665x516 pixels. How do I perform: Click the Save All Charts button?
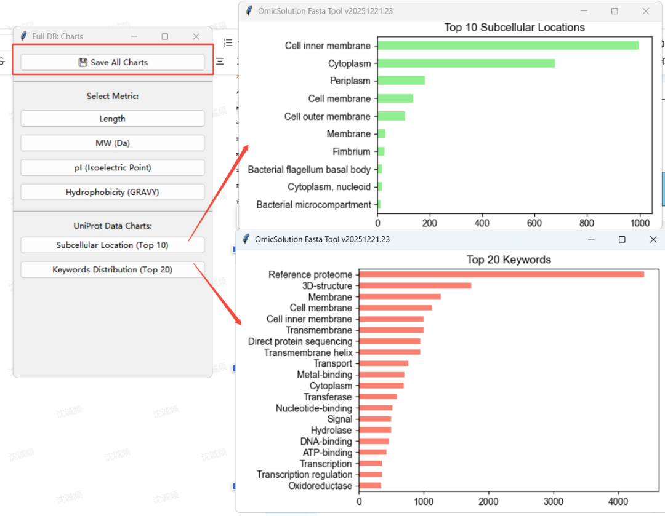(x=113, y=62)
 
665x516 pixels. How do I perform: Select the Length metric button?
(x=113, y=119)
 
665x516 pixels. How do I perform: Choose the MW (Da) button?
(x=113, y=143)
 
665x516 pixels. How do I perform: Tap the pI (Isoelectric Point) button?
(x=113, y=168)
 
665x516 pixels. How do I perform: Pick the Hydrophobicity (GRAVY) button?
(x=113, y=193)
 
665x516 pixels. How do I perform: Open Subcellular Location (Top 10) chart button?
(x=113, y=245)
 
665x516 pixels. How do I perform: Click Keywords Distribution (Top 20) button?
(x=113, y=270)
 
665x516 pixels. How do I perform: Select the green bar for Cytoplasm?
(x=466, y=63)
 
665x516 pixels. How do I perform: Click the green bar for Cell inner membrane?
(x=508, y=46)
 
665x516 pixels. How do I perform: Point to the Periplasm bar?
(x=401, y=81)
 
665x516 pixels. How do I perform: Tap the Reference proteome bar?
(x=502, y=274)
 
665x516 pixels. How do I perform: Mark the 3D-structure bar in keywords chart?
(x=415, y=285)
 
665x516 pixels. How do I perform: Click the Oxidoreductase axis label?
(x=320, y=486)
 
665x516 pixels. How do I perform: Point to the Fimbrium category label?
(x=352, y=152)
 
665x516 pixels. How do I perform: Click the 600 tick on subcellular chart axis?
(x=534, y=223)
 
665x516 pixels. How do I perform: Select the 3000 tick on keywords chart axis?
(x=554, y=502)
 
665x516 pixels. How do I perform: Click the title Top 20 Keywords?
(x=509, y=260)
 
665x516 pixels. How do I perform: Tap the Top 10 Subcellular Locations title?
(x=514, y=28)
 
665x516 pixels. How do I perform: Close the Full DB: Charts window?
(x=196, y=36)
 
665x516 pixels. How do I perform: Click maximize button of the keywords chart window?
(x=622, y=240)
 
